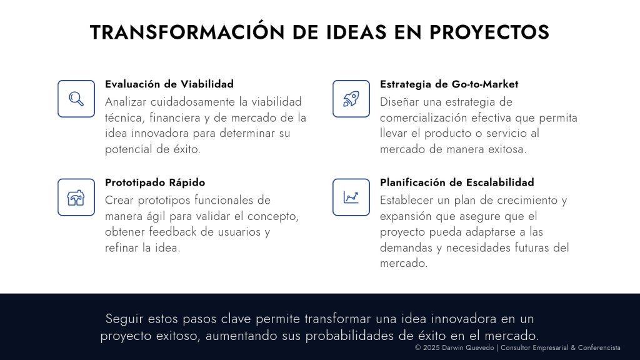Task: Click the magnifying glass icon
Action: click(x=76, y=99)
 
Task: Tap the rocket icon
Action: click(x=351, y=99)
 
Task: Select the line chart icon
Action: click(x=351, y=197)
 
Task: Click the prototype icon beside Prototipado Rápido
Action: click(x=76, y=197)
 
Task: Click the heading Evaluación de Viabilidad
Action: click(x=169, y=84)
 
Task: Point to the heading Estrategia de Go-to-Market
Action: click(x=449, y=84)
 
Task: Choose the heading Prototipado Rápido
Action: click(x=155, y=182)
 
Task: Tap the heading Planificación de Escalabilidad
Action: click(x=457, y=182)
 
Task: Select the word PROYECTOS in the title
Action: click(x=489, y=32)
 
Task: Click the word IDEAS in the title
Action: click(x=356, y=32)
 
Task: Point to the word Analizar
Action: click(x=125, y=102)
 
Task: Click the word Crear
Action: click(x=119, y=200)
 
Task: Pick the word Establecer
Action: click(x=407, y=200)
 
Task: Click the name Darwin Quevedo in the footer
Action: click(x=467, y=347)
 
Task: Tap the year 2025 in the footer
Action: click(x=431, y=347)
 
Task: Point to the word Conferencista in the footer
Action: click(x=599, y=347)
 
